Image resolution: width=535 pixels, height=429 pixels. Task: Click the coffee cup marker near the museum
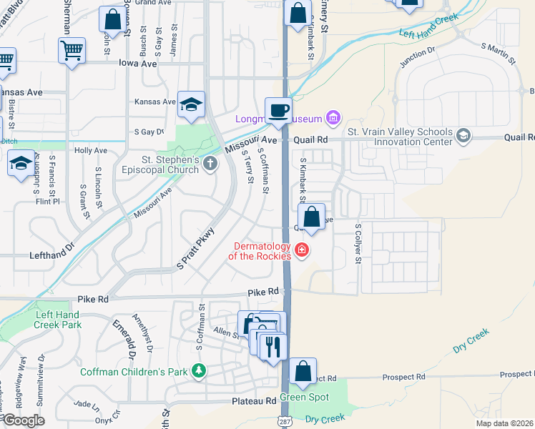pos(279,111)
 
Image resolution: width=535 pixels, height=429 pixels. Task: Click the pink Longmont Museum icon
pos(333,117)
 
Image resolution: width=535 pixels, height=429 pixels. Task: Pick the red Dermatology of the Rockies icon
pos(302,250)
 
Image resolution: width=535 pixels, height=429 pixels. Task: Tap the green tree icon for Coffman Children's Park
pos(198,371)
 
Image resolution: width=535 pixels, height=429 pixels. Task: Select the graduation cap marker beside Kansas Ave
pos(192,104)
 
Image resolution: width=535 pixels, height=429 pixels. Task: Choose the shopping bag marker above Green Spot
pos(303,371)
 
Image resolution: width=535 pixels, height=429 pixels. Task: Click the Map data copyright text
pos(504,423)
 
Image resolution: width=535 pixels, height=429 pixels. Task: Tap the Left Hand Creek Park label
pos(57,319)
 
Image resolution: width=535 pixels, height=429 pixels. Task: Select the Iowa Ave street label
pos(137,63)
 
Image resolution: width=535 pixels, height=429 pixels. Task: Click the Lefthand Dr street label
pos(52,255)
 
